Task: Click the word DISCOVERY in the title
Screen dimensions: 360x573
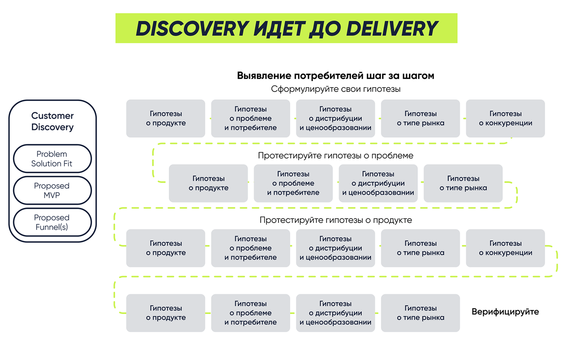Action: click(x=192, y=29)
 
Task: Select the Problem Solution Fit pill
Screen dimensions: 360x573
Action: click(x=52, y=159)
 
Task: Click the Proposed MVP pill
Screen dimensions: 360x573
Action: click(x=52, y=191)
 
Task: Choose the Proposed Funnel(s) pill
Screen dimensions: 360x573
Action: click(x=52, y=223)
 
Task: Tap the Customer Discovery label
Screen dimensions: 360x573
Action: click(x=52, y=121)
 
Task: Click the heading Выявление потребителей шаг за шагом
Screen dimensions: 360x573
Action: click(x=335, y=76)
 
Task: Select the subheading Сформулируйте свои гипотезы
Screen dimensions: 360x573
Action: click(x=335, y=89)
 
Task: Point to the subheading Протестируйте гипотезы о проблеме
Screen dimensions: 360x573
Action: click(x=335, y=156)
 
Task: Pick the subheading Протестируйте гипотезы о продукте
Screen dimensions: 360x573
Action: click(x=335, y=220)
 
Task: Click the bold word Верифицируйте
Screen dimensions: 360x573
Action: click(x=505, y=312)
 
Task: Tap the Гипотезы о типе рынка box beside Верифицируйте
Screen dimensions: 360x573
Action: click(x=420, y=313)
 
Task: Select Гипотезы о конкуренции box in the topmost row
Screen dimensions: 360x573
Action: click(x=505, y=118)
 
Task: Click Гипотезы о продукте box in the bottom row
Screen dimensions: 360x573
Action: click(x=166, y=313)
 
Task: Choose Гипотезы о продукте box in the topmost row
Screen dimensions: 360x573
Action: click(x=166, y=118)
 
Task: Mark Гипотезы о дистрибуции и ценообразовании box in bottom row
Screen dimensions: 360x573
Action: click(x=335, y=313)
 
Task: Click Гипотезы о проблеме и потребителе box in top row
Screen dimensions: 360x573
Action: click(x=250, y=118)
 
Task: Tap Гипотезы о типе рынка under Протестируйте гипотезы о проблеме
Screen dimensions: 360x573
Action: click(x=463, y=183)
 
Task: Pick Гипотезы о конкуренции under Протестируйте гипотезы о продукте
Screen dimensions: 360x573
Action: click(x=505, y=248)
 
